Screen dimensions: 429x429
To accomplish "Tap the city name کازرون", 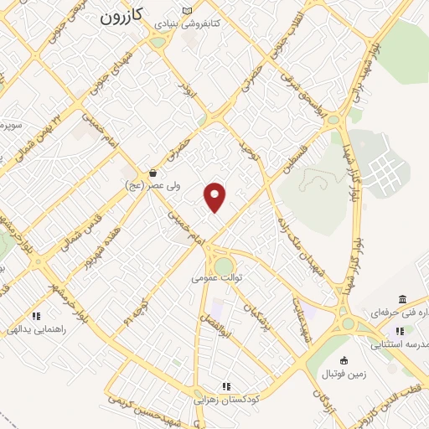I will [x=123, y=16].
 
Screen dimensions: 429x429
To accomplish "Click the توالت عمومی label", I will [x=216, y=277].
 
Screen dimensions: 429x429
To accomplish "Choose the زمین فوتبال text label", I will [x=343, y=374].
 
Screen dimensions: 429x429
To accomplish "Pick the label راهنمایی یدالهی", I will [x=35, y=330].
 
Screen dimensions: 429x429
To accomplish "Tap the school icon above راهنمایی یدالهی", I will [x=35, y=316].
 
